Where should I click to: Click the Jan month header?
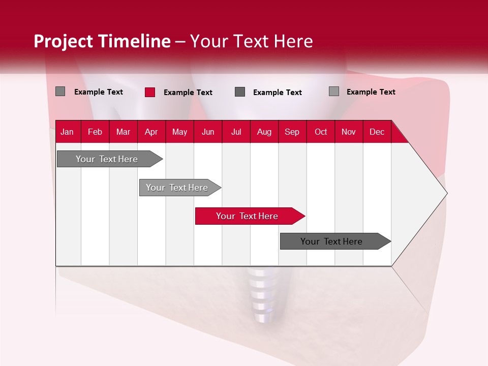67,132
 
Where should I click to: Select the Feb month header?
95,132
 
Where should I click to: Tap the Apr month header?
151,132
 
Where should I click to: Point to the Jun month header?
208,132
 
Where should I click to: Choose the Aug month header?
264,132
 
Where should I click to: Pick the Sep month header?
292,132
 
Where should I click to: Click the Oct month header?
321,132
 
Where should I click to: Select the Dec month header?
377,132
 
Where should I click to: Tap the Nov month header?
349,132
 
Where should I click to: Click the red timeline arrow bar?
249,216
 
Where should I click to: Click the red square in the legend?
150,92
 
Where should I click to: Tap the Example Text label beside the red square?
188,93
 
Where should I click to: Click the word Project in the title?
63,41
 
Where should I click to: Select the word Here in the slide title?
293,41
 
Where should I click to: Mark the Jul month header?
236,132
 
